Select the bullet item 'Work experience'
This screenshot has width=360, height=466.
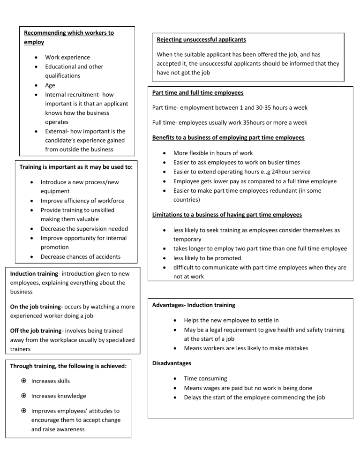coord(67,57)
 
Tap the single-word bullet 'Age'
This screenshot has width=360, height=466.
coord(50,85)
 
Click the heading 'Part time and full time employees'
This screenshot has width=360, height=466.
coord(197,93)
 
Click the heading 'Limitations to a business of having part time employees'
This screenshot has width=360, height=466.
coord(227,215)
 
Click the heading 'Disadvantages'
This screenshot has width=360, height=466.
coord(172,363)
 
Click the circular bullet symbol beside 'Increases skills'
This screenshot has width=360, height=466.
coord(23,381)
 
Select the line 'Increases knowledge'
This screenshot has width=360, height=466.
coord(59,396)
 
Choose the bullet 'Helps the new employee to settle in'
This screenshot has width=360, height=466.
coord(231,320)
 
